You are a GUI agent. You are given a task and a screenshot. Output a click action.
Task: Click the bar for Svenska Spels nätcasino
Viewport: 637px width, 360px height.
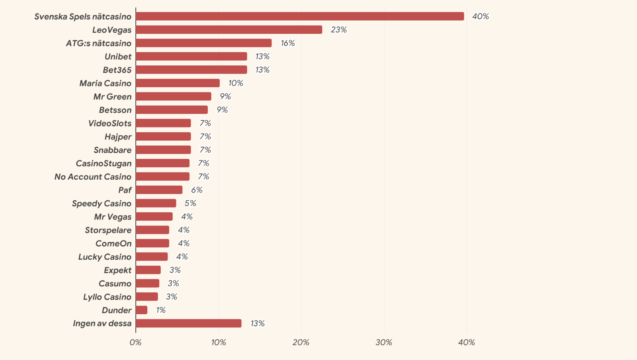pyautogui.click(x=299, y=16)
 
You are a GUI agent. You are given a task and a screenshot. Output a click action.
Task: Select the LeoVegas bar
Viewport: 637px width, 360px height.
pyautogui.click(x=229, y=30)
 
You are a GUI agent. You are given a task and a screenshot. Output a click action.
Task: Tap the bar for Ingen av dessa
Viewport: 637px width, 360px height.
pyautogui.click(x=188, y=323)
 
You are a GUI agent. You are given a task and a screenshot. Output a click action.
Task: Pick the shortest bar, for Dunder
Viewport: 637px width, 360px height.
pyautogui.click(x=141, y=310)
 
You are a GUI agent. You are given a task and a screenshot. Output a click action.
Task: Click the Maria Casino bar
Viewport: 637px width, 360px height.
pyautogui.click(x=178, y=83)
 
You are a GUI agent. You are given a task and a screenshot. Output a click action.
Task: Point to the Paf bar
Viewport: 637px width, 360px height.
pyautogui.click(x=159, y=190)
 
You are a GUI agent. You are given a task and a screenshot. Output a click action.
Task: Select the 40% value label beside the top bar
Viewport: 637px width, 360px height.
pyautogui.click(x=480, y=16)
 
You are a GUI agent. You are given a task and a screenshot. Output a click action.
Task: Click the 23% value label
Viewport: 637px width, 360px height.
pyautogui.click(x=338, y=30)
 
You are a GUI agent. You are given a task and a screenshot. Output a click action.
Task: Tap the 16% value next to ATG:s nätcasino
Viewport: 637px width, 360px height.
pyautogui.click(x=287, y=43)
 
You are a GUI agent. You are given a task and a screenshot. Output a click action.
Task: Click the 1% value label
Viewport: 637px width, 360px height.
pyautogui.click(x=160, y=310)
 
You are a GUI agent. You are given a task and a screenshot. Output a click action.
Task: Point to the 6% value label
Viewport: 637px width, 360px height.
pyautogui.click(x=197, y=190)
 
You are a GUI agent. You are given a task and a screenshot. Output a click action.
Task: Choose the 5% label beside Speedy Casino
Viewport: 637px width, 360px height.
pyautogui.click(x=190, y=203)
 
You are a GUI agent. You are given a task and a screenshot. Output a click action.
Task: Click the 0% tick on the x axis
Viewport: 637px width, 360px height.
pyautogui.click(x=135, y=342)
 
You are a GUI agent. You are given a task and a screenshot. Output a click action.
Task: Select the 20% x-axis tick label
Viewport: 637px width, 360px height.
pyautogui.click(x=301, y=342)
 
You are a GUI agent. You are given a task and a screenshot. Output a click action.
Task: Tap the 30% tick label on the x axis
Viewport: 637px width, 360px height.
pyautogui.click(x=384, y=342)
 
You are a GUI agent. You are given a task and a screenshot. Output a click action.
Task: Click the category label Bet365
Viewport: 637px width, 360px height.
pyautogui.click(x=117, y=70)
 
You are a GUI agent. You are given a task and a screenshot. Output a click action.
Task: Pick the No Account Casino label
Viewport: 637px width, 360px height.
pyautogui.click(x=93, y=177)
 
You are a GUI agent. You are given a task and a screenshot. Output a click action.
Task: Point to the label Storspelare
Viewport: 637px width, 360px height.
pyautogui.click(x=108, y=230)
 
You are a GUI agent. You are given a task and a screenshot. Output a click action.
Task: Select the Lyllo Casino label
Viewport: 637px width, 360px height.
pyautogui.click(x=107, y=297)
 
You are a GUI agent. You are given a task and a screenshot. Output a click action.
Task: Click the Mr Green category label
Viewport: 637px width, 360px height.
pyautogui.click(x=112, y=97)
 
